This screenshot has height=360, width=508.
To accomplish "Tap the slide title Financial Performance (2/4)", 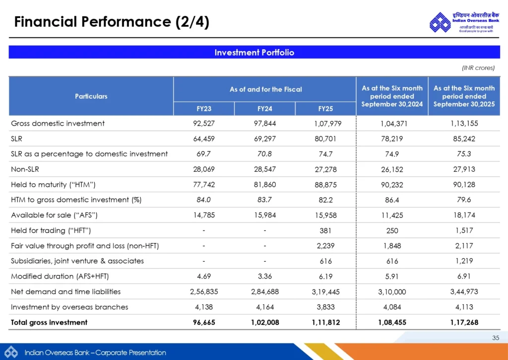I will tap(112, 22).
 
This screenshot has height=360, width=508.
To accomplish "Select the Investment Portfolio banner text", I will tap(254, 52).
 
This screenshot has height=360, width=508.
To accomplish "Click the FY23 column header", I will tap(204, 108).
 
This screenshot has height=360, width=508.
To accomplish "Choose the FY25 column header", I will tap(325, 108).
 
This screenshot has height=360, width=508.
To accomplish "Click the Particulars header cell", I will tap(91, 96).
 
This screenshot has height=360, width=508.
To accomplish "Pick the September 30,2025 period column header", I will tap(464, 96).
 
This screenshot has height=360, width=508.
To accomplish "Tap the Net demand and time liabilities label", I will tap(65, 291).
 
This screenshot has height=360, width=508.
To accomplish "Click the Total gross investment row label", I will tap(49, 322).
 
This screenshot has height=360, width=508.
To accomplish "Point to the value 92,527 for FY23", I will tap(204, 123).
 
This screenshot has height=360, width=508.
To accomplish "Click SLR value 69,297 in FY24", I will tap(265, 139).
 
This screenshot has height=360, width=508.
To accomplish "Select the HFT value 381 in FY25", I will tap(325, 230).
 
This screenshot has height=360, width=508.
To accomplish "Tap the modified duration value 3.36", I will tap(265, 276).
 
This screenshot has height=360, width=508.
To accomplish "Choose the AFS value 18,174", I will tap(464, 215).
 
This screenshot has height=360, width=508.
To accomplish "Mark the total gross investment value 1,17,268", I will tap(464, 322).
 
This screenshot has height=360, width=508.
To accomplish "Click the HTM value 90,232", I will tap(392, 185).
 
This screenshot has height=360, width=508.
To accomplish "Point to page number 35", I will tap(496, 338).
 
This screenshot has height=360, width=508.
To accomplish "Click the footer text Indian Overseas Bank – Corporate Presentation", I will tap(95, 353).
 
